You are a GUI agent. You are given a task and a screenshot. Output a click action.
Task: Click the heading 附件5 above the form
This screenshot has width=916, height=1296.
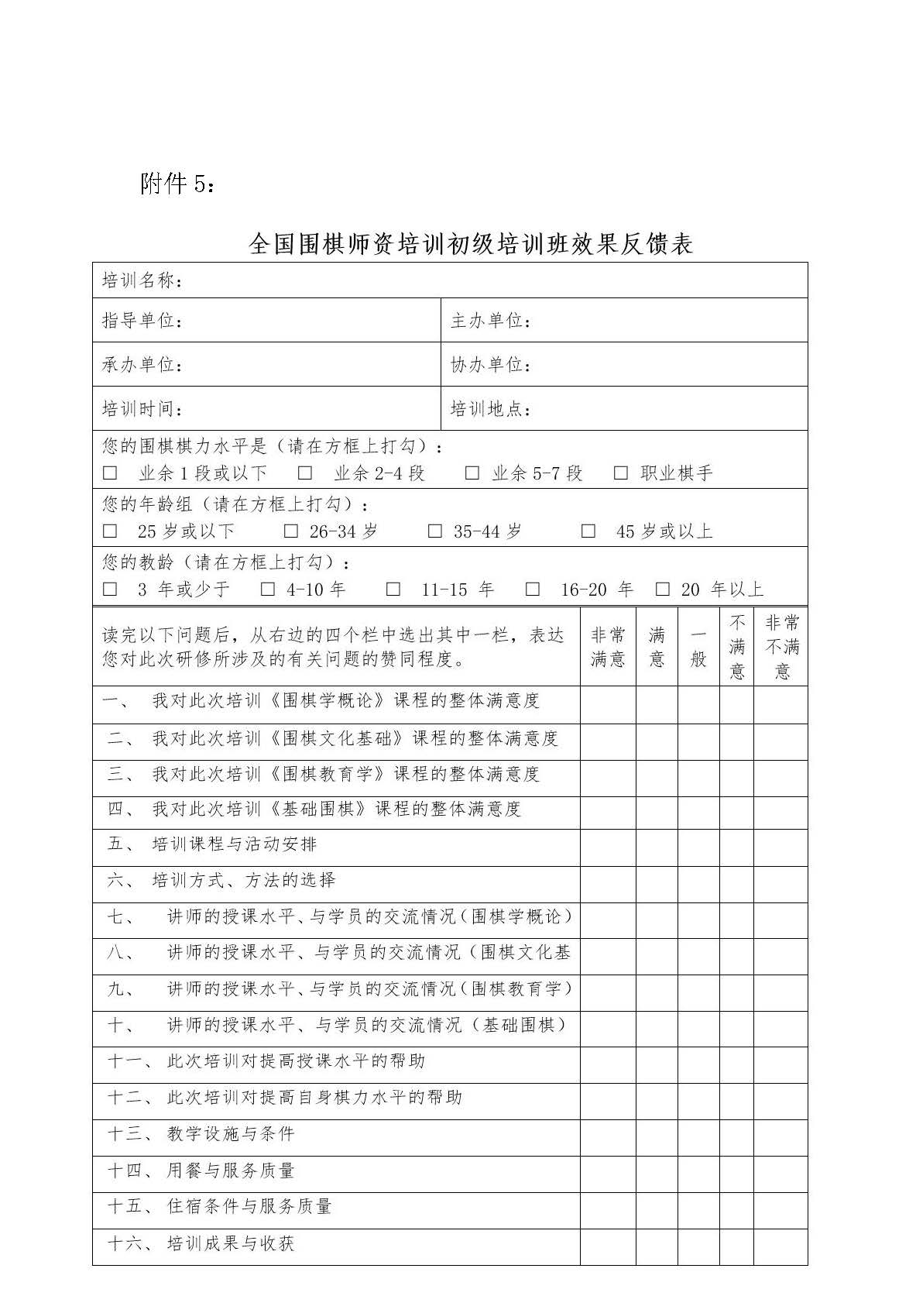click(177, 184)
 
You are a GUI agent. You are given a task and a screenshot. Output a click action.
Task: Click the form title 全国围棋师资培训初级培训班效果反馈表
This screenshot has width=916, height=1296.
click(470, 245)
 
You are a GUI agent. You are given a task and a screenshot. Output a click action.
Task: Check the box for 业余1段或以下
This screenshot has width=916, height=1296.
click(111, 473)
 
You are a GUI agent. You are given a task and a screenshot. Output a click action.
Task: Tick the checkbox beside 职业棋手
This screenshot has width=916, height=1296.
click(621, 473)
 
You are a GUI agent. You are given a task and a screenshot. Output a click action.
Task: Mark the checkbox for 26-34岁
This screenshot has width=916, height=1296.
click(291, 531)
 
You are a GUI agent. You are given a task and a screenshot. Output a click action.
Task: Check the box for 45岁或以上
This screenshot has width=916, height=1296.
click(588, 531)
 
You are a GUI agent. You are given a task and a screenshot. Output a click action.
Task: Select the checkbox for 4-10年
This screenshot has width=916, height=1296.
click(268, 590)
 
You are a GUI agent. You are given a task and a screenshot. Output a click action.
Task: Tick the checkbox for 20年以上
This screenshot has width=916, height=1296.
click(663, 590)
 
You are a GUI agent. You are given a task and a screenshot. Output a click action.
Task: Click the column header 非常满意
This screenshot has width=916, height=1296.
click(608, 648)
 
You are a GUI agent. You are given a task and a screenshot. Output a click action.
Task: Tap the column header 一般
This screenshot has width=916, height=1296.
click(698, 648)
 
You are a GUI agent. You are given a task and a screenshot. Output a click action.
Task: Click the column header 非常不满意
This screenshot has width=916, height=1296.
click(781, 648)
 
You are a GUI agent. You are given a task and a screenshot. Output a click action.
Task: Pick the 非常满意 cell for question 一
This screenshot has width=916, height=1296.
click(608, 705)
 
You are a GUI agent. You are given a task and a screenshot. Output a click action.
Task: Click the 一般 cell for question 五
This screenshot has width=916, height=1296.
click(698, 847)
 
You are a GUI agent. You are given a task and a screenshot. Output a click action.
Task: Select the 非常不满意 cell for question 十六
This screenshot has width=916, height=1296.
click(781, 1246)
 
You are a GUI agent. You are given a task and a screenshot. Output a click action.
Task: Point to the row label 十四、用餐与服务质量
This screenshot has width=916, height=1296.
click(201, 1171)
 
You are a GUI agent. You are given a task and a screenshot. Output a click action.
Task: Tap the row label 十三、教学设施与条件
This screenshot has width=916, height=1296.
click(201, 1134)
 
